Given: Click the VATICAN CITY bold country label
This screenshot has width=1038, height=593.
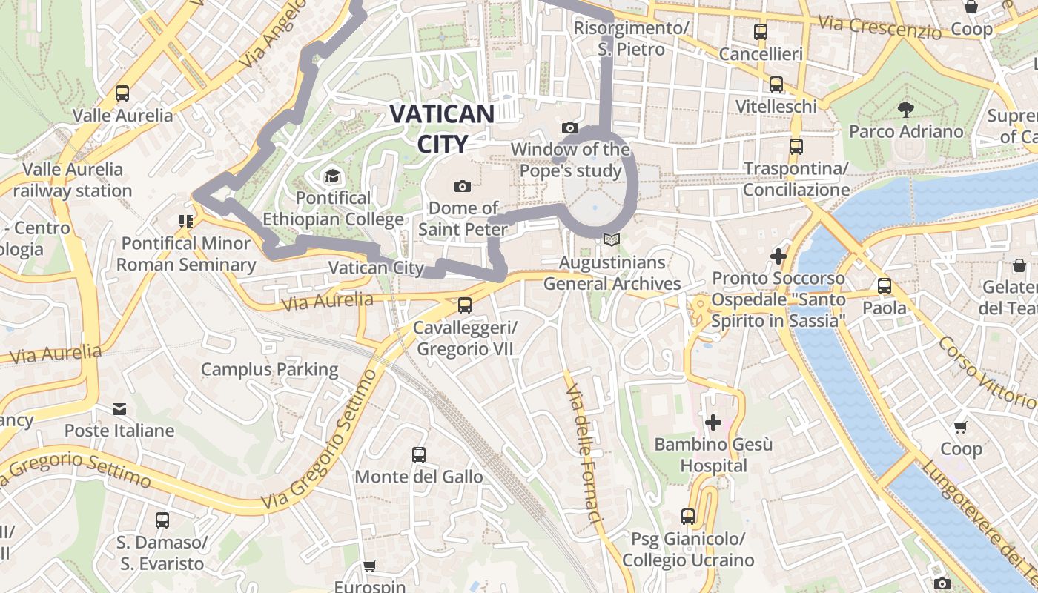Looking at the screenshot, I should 442,128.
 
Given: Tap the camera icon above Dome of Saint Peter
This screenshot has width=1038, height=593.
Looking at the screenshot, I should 463,185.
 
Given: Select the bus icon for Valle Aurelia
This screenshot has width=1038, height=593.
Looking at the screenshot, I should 122,94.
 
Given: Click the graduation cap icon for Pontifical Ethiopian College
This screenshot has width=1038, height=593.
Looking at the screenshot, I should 331,176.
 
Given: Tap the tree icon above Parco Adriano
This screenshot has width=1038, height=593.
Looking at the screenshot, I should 905,110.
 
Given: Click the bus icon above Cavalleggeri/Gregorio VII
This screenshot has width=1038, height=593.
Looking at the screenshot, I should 465,305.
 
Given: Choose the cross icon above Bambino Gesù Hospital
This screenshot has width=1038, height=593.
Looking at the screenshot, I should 713,423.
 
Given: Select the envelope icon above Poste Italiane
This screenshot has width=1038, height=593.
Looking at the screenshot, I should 119,408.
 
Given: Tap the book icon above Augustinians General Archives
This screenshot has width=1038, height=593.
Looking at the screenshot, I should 612,239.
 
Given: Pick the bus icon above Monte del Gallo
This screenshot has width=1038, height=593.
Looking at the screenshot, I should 419,454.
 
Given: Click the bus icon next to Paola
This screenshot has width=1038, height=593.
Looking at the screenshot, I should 884,286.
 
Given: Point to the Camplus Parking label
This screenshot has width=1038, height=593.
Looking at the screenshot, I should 269,369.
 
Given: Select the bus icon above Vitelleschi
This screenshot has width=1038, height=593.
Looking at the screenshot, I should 776,85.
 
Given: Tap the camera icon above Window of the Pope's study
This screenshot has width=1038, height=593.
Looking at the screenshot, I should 569,128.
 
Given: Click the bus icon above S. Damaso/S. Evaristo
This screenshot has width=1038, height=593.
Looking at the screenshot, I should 162,520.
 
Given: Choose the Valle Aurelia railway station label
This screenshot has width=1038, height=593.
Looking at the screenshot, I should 73,180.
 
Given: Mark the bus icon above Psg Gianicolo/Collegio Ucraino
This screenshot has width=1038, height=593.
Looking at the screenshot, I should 688,516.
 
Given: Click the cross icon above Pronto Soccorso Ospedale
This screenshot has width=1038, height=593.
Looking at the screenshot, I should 778,256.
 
